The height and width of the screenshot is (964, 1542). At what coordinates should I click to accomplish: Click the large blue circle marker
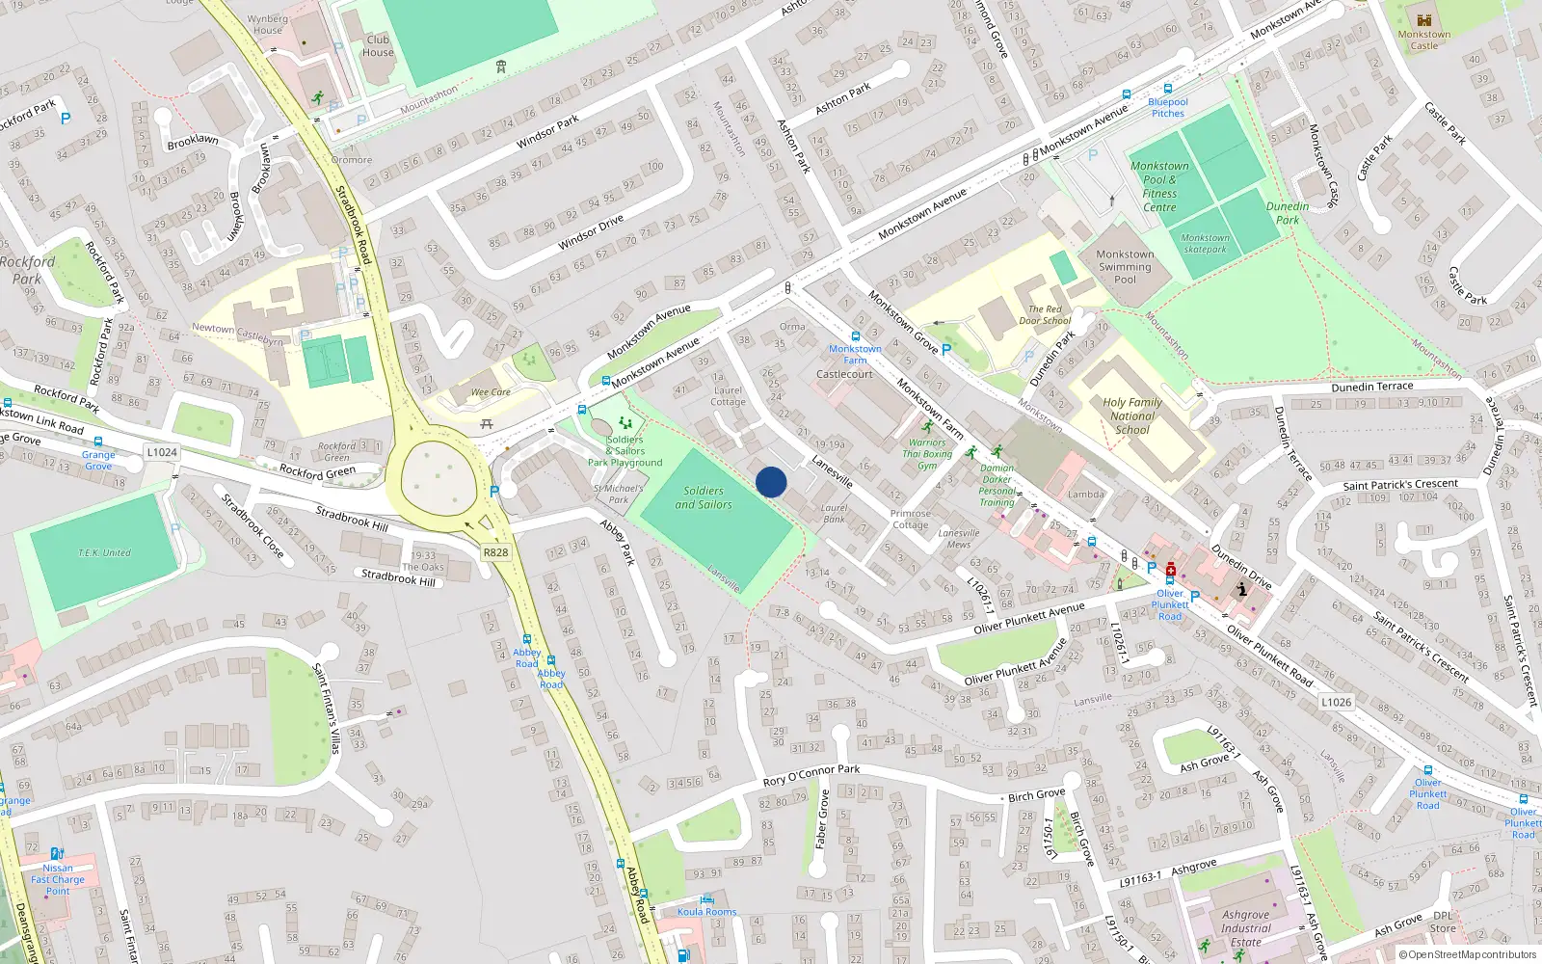point(771,482)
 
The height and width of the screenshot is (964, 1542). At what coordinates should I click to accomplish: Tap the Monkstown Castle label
point(1423,40)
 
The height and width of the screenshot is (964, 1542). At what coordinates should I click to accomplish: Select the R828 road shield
point(495,552)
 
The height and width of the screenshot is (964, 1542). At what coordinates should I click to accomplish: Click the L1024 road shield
point(162,452)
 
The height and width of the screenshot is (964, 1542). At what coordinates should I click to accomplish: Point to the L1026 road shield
point(1336,702)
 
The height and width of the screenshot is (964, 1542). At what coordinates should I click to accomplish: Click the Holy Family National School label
point(1132,416)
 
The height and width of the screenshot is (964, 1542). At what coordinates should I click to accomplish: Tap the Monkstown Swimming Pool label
point(1125,267)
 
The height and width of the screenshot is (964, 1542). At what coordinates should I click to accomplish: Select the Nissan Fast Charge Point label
point(58,879)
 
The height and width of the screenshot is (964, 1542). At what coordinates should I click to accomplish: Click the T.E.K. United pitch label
point(104,552)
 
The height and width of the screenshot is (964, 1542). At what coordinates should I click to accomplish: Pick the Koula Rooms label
point(706,911)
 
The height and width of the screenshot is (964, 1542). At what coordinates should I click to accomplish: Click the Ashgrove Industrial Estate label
point(1245,928)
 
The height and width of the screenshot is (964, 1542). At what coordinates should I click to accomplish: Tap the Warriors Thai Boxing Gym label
point(927,454)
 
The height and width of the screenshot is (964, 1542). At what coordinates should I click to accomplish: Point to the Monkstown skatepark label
point(1205,243)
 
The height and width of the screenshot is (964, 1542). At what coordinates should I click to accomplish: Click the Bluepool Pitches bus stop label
point(1168,107)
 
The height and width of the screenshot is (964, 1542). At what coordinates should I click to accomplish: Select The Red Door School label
point(1045,315)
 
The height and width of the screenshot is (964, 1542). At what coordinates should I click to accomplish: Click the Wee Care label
point(491,392)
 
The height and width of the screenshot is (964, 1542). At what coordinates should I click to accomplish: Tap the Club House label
point(378,46)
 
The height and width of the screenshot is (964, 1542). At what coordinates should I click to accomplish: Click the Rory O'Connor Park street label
point(811,775)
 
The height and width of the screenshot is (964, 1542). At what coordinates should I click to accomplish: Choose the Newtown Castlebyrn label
point(237,334)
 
